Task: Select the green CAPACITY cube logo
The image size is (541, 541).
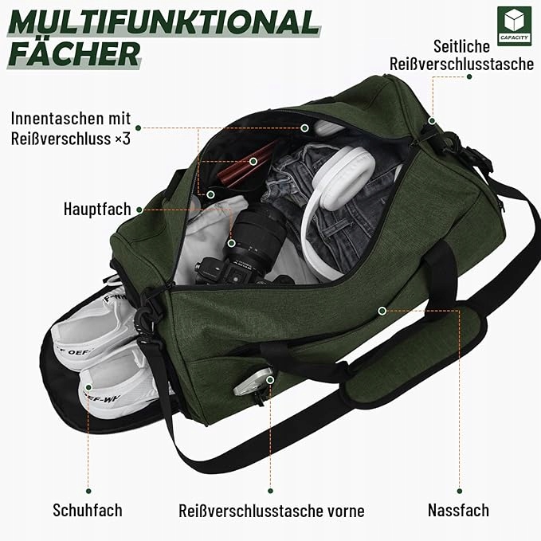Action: coord(512,25)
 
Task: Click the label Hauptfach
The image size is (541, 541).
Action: coord(96,210)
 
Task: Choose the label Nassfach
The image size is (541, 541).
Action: coord(457,509)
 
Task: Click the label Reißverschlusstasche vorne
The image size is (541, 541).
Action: coord(272,510)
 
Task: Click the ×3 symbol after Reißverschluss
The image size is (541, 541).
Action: coord(122,138)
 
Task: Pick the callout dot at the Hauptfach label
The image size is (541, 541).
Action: coord(139,210)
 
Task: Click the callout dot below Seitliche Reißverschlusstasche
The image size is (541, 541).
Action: coord(469,76)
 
